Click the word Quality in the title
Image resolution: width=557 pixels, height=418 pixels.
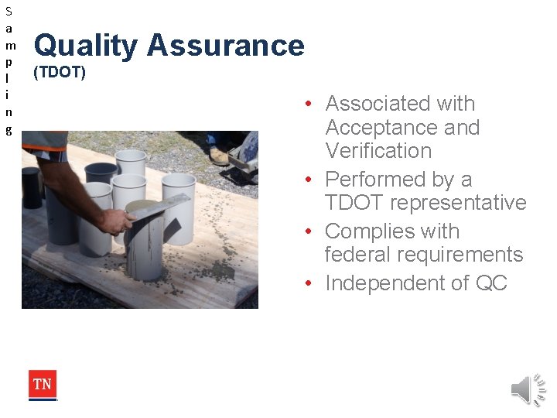point(86,46)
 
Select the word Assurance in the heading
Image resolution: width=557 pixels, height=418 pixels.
point(226,46)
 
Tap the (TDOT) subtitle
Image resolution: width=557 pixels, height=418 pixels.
point(60,74)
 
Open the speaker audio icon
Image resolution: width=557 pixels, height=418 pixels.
point(528,389)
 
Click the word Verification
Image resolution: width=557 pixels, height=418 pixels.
point(378,151)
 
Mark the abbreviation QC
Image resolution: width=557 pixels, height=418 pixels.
point(491,283)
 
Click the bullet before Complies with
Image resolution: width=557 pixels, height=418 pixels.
point(308,232)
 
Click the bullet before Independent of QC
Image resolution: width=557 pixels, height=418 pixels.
point(308,284)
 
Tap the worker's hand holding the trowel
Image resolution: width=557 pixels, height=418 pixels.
point(116,221)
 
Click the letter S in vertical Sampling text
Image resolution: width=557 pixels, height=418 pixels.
point(9,12)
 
